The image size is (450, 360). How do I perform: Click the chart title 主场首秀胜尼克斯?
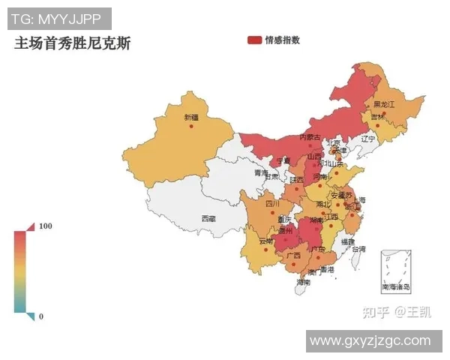point(73,43)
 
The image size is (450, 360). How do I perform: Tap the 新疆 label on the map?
point(191,117)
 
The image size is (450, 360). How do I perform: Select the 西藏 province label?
point(208,219)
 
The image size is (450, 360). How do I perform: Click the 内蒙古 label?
point(310,137)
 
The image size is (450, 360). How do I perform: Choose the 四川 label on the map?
point(272,203)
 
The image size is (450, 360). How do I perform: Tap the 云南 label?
point(266,241)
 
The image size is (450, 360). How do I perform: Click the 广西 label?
point(292,255)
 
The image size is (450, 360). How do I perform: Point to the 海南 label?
point(302,283)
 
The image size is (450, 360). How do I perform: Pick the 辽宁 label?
point(367,139)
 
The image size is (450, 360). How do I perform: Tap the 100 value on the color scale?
point(46,226)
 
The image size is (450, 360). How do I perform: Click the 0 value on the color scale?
point(41,316)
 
